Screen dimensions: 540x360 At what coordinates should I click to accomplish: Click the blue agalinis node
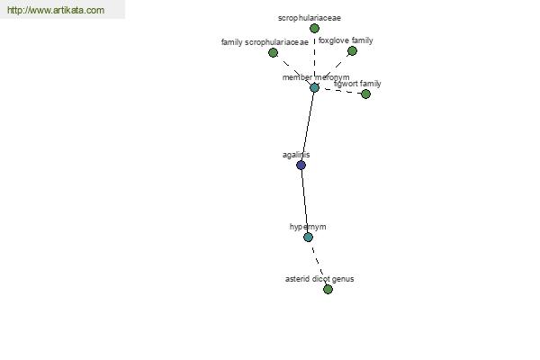301,166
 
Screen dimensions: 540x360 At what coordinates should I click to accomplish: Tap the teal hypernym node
308,237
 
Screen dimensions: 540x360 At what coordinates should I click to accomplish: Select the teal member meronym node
314,87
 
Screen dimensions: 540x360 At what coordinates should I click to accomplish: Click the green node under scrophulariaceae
314,29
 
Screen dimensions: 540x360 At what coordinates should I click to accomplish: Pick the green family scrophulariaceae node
273,53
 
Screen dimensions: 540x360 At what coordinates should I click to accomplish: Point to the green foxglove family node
352,51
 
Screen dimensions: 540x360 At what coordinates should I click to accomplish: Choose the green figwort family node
365,94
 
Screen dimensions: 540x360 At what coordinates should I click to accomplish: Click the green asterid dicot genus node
328,289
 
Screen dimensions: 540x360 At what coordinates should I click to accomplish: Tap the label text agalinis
296,155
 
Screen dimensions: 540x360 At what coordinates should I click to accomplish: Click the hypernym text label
308,227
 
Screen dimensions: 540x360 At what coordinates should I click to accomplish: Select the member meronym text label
316,77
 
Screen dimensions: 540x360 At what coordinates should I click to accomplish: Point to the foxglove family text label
346,40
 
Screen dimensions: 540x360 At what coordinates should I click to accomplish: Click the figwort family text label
357,84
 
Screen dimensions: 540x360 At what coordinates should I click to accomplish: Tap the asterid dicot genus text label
319,279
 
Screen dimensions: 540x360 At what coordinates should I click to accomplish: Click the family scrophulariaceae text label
265,42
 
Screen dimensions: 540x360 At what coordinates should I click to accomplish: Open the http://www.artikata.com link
56,10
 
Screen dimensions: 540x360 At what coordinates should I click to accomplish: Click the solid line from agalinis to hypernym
304,202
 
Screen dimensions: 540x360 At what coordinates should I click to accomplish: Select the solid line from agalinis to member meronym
308,126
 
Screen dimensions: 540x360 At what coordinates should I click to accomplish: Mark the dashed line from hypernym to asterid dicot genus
318,263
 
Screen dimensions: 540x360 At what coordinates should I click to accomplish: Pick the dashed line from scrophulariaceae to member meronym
314,58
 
